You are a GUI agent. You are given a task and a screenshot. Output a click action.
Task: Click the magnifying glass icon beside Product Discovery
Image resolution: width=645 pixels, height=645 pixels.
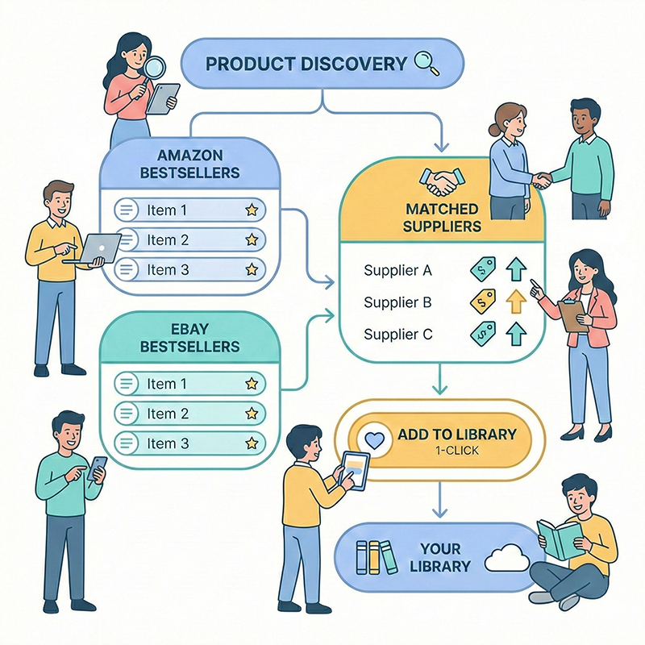[x=426, y=63]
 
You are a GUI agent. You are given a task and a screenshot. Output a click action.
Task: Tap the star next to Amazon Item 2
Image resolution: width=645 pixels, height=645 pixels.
[x=252, y=239]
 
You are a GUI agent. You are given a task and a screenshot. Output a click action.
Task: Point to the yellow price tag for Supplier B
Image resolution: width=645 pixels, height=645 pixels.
[x=481, y=302]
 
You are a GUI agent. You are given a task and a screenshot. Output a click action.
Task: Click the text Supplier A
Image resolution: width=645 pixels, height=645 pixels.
[x=397, y=271]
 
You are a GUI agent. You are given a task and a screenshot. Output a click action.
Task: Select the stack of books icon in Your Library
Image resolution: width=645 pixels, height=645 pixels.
[x=377, y=556]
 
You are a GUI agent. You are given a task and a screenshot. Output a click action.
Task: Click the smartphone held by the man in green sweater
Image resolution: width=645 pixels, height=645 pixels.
[x=98, y=468]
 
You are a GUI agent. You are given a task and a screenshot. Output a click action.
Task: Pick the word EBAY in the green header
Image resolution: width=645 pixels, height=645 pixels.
[x=189, y=329]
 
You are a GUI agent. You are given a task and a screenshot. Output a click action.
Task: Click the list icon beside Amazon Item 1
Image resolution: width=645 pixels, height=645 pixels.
[x=127, y=210]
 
